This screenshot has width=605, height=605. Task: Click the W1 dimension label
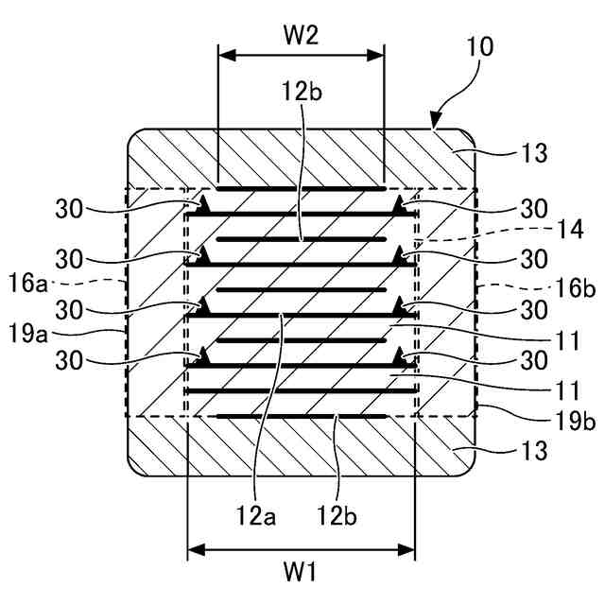[301, 572]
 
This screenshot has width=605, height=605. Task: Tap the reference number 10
[479, 46]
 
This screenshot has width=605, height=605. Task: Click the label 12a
[254, 514]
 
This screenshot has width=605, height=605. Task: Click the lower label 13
[534, 452]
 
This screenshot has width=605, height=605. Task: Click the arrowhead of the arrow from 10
[436, 123]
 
